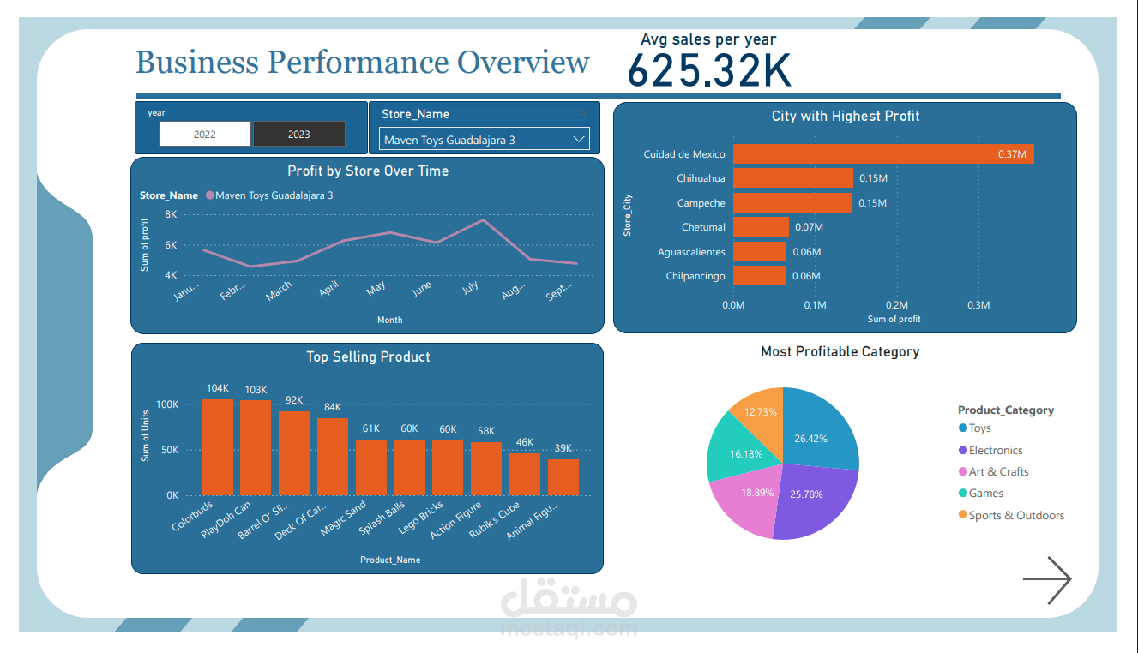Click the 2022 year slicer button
click(x=205, y=134)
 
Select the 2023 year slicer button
click(x=299, y=134)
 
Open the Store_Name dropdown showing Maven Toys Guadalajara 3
click(x=484, y=139)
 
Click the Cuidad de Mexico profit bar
click(x=883, y=154)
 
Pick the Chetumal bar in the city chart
click(x=761, y=227)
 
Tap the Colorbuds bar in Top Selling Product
click(x=217, y=447)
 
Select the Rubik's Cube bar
click(x=525, y=474)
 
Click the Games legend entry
click(x=985, y=494)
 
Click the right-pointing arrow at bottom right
click(x=1047, y=580)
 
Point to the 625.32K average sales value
click(x=709, y=71)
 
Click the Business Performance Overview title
click(x=362, y=63)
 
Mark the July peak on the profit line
click(x=483, y=220)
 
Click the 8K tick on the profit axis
click(x=171, y=214)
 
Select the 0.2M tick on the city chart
click(x=897, y=305)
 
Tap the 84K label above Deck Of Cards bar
click(x=333, y=407)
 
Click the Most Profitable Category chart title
click(x=840, y=351)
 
